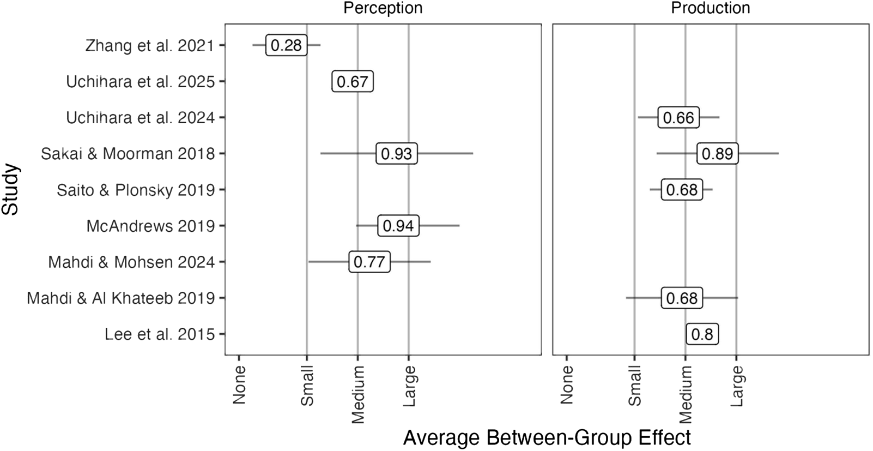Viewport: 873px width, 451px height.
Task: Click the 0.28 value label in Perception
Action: coord(286,45)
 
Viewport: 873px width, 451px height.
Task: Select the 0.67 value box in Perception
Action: coord(353,82)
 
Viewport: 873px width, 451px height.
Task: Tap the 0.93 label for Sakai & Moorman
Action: coord(397,154)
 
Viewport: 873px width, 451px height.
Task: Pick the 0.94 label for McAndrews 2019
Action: coord(398,226)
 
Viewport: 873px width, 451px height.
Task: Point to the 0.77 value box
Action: coord(369,262)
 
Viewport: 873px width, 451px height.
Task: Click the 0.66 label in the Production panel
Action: coord(678,118)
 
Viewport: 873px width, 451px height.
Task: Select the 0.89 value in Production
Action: coord(718,154)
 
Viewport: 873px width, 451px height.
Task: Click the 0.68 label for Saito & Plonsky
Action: coord(682,190)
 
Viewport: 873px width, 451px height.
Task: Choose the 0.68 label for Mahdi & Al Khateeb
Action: coord(682,298)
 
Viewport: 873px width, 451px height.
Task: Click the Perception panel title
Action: coord(383,8)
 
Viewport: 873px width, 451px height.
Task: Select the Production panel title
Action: coord(711,8)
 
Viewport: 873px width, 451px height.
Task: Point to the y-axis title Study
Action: coord(10,190)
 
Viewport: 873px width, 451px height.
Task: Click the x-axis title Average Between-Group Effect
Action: coord(547,437)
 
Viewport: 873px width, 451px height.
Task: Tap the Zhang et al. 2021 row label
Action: coord(150,45)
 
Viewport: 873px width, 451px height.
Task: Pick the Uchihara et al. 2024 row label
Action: coord(140,118)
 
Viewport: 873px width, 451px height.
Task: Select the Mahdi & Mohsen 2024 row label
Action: coord(131,262)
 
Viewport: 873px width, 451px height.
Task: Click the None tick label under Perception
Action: coord(240,385)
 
